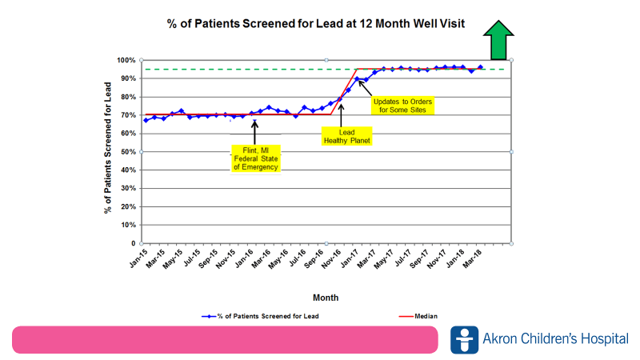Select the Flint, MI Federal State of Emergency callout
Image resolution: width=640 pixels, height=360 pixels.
[x=254, y=158]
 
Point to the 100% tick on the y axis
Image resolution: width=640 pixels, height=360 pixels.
[x=126, y=60]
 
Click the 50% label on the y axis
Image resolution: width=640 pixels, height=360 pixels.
[x=128, y=152]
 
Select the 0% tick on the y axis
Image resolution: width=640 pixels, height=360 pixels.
[x=130, y=243]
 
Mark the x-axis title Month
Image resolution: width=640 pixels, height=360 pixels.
[x=325, y=297]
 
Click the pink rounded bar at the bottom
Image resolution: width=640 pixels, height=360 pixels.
[x=225, y=339]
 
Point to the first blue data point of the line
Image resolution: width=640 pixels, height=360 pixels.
[x=146, y=120]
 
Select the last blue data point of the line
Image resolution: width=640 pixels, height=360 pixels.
[x=480, y=67]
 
